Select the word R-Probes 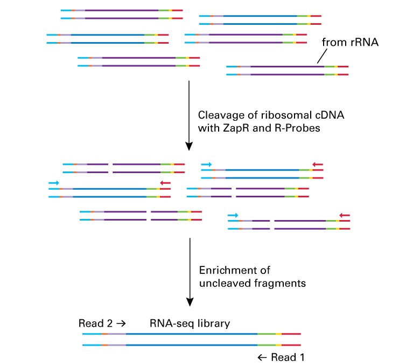tap(297, 128)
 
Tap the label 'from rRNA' tap(350, 42)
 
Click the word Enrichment tap(235, 270)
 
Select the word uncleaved tap(225, 283)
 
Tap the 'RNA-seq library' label tap(190, 324)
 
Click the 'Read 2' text tap(95, 324)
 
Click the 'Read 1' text tap(288, 357)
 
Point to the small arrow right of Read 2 tap(121, 324)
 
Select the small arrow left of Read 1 tap(262, 358)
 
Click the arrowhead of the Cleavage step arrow tap(189, 147)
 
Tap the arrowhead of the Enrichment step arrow tap(190, 302)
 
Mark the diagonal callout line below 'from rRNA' tap(322, 56)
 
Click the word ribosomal tap(286, 115)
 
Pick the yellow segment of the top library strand tap(278, 334)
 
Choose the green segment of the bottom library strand tap(267, 345)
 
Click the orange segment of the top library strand tap(104, 334)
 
